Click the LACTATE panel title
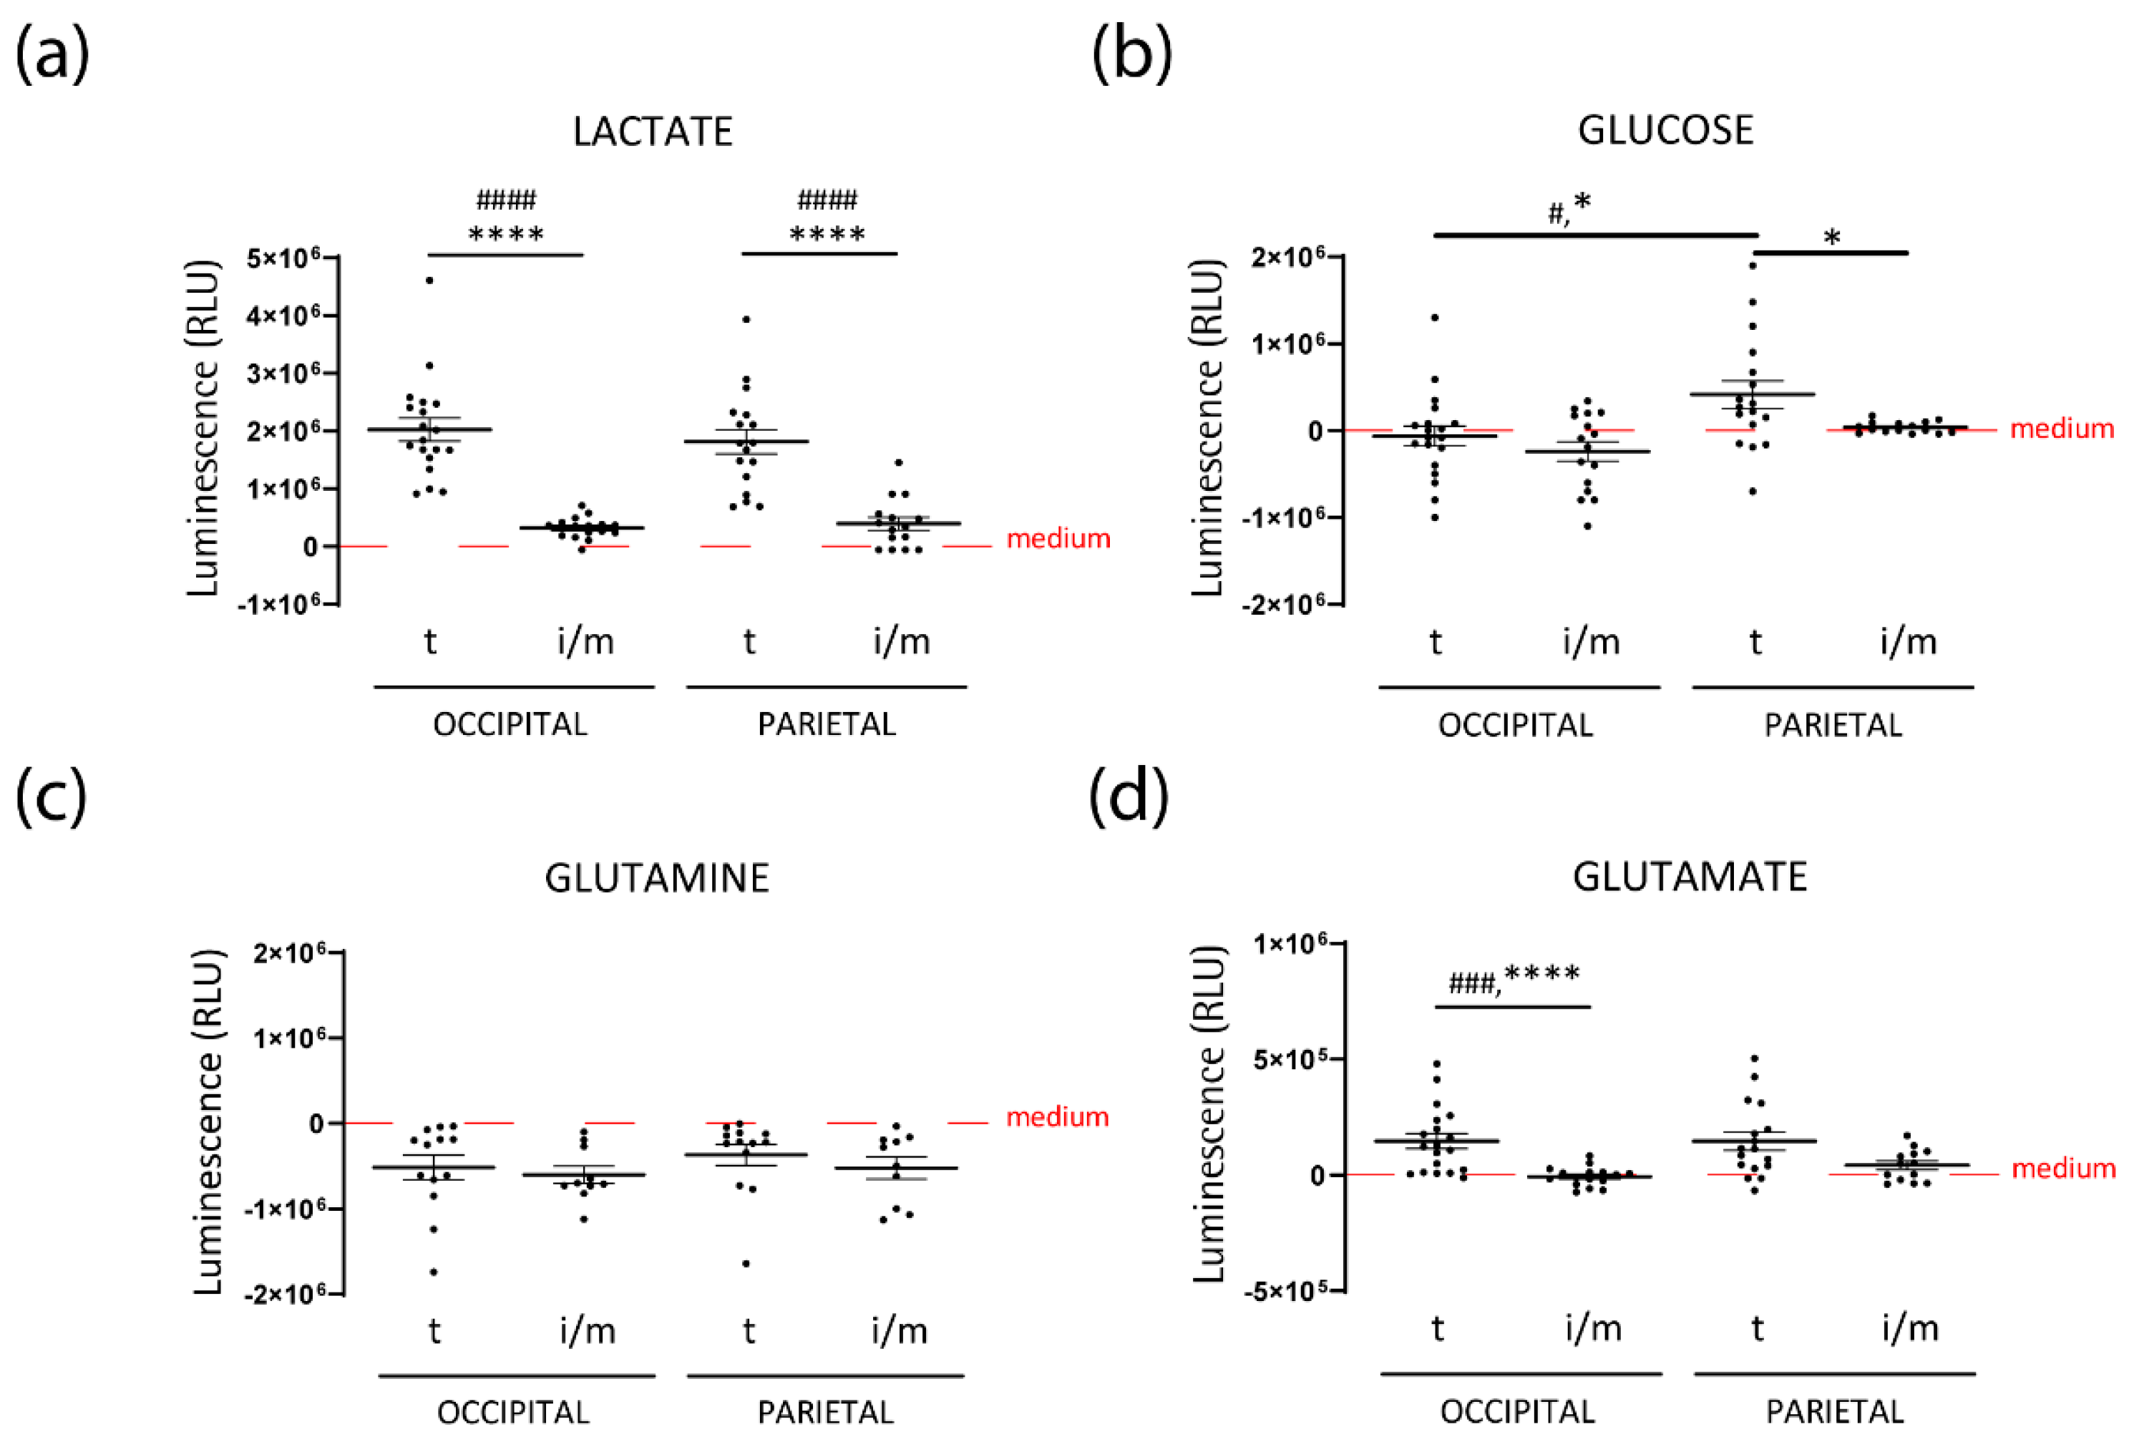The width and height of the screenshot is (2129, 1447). pos(652,132)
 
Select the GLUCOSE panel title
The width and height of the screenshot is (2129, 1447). pos(1665,130)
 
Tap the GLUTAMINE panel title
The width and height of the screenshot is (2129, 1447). pos(657,878)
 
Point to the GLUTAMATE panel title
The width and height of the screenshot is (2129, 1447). pos(1690,877)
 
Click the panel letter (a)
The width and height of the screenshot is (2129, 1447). pos(52,55)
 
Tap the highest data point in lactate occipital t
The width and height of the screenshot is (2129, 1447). pos(429,281)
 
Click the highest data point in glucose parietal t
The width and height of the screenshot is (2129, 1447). pos(1753,265)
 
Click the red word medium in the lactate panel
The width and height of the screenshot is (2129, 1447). pos(1058,538)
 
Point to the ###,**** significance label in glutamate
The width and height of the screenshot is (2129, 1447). pos(1514,977)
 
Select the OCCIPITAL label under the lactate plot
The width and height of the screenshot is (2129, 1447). pos(510,724)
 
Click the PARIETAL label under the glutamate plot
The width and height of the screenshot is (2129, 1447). pos(1834,1411)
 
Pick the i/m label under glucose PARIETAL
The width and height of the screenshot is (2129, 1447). pos(1908,642)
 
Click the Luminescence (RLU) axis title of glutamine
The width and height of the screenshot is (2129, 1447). pos(208,1122)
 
